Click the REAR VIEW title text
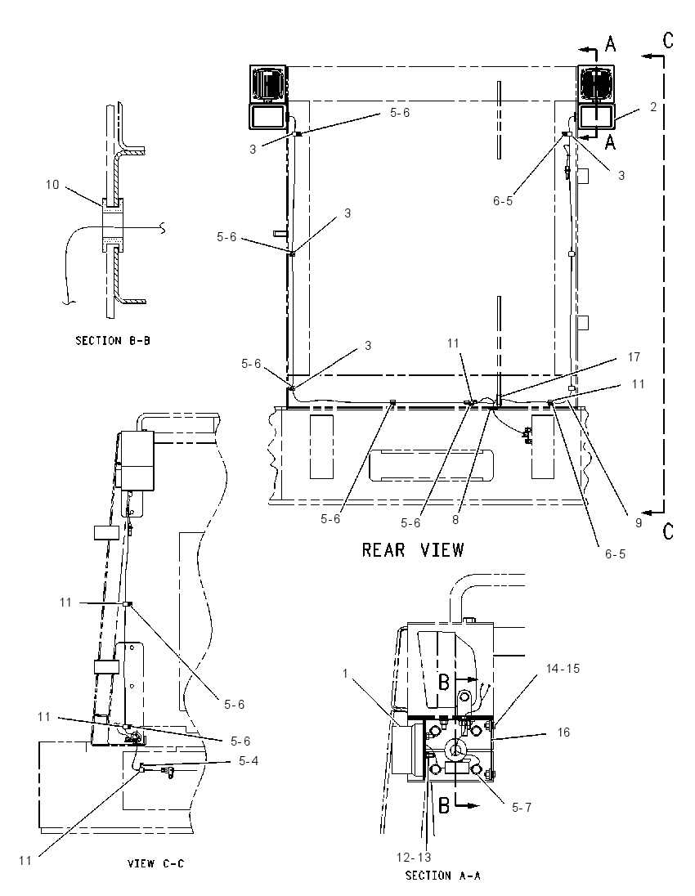click(x=413, y=550)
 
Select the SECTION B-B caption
click(x=113, y=341)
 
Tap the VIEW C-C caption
click(x=155, y=863)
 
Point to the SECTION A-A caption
click(x=443, y=876)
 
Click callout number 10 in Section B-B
click(x=52, y=185)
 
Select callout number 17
click(x=634, y=357)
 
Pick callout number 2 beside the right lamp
click(x=653, y=107)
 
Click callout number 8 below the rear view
click(x=455, y=520)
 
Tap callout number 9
click(x=639, y=522)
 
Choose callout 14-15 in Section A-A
click(x=563, y=669)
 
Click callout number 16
click(x=563, y=732)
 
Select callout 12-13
click(x=414, y=857)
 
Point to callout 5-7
click(x=522, y=808)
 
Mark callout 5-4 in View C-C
click(x=248, y=761)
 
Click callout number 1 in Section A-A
click(x=345, y=674)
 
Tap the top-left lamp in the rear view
click(x=268, y=98)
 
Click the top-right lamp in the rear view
click(x=596, y=98)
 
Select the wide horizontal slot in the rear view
click(x=431, y=465)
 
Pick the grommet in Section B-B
click(x=113, y=226)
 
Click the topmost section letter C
click(x=668, y=40)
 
